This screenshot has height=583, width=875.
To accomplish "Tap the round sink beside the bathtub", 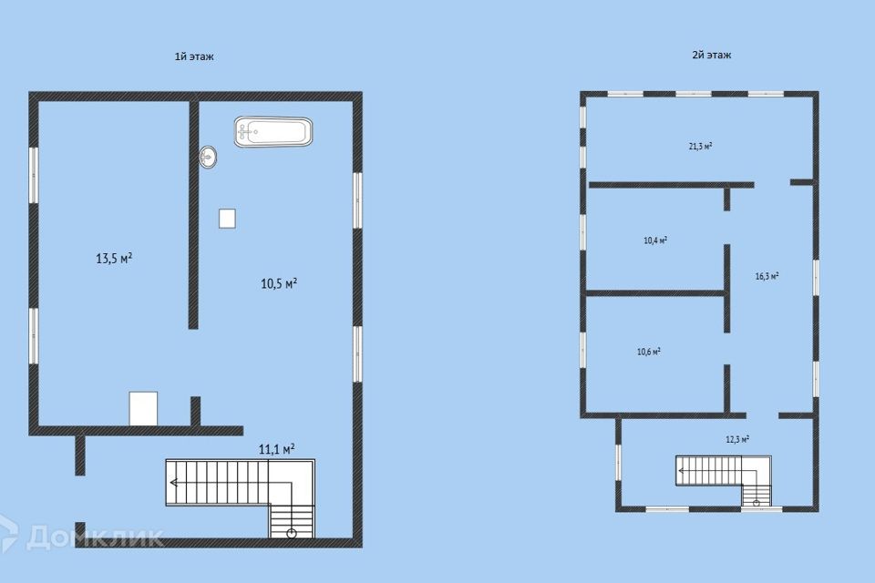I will coord(209,158).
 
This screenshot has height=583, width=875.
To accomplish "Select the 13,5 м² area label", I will coord(115,258).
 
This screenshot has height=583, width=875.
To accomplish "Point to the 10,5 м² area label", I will coord(279,283).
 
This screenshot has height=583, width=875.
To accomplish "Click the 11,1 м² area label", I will coord(276,447).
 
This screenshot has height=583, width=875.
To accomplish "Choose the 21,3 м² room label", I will coord(700,146).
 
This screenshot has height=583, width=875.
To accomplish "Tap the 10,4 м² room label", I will coord(655,240).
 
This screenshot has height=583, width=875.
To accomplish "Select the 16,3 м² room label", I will coord(767,276).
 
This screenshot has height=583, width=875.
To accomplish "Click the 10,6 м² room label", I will coord(648,351).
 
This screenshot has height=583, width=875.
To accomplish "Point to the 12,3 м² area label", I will coord(737,439).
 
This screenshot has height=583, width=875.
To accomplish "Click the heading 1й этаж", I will coord(194,56).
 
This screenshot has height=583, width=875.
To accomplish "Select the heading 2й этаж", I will coord(712,55).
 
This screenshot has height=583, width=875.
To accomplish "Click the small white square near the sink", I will coord(227,218).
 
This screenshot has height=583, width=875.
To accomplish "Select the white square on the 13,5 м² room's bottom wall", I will coord(144,408).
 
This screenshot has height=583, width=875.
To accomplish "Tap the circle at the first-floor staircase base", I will coord(292,534).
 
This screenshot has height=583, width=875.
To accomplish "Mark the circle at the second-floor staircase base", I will coord(756,502).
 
